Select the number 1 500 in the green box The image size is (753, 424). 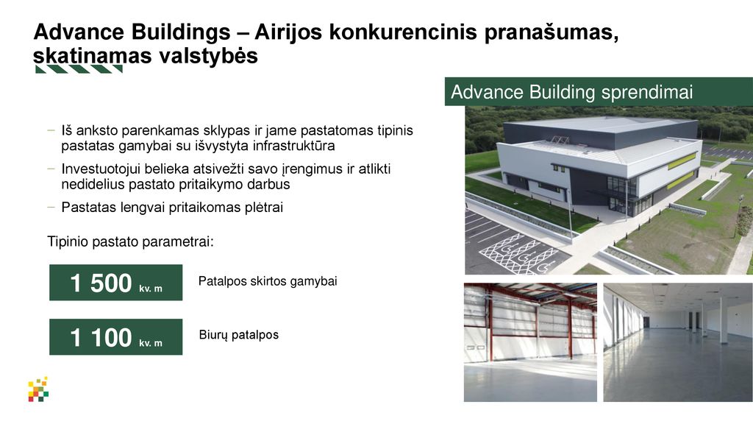[101, 283]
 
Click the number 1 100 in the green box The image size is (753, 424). [101, 337]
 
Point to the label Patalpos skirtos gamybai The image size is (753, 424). [268, 280]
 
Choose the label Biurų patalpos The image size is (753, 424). [239, 335]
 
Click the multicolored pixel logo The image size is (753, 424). [38, 389]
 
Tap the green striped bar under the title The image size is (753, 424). [79, 69]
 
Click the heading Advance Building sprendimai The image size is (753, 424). [571, 92]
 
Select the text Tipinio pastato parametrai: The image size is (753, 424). [130, 241]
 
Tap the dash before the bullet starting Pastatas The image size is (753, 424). [51, 207]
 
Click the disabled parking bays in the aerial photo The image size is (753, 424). [518, 253]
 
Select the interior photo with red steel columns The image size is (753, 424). [530, 342]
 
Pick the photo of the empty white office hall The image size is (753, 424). [678, 342]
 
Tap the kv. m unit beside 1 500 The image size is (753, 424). [151, 289]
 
